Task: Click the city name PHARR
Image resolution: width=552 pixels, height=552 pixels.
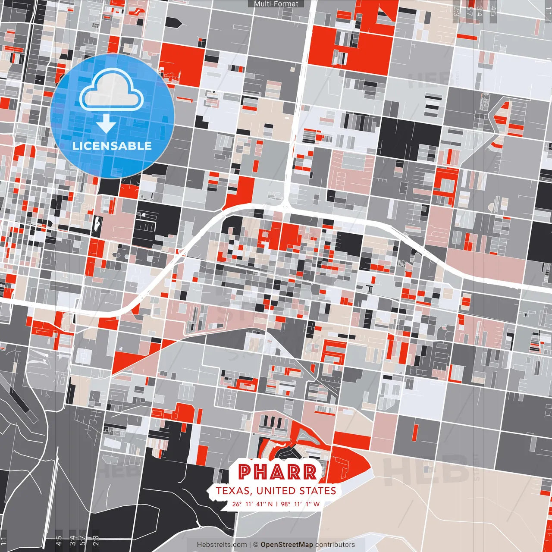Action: pos(278,472)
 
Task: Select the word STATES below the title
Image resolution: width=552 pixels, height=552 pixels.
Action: pos(317,491)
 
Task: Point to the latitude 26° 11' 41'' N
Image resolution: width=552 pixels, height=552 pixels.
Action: pos(252,504)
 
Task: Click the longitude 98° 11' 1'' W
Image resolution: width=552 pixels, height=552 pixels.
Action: pos(300,504)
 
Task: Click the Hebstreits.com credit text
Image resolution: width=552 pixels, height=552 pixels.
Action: pos(222,545)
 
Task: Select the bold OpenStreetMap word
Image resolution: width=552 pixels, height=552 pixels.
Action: pos(287,545)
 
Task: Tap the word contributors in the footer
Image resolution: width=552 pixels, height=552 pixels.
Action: pos(335,545)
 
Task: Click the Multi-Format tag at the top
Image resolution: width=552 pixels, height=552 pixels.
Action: pos(276,4)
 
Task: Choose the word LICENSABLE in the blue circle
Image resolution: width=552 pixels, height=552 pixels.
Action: pos(112,146)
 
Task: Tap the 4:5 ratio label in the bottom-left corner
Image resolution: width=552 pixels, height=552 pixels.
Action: pos(59,541)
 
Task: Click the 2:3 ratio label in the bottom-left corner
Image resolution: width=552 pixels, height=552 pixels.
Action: pos(96,541)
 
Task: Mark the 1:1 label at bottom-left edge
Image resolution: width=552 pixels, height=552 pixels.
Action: pos(4,541)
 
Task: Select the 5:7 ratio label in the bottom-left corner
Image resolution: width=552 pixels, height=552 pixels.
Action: pos(82,541)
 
